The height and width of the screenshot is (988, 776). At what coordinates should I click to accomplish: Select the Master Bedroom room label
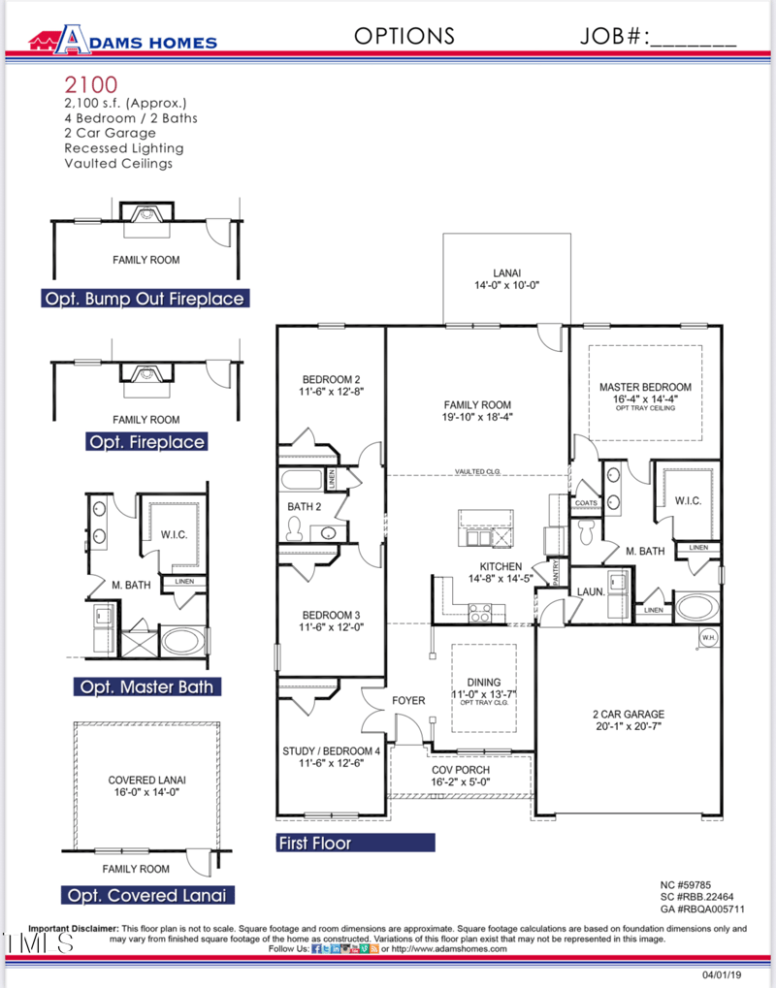645,387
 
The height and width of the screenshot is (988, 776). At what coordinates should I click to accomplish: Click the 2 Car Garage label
629,714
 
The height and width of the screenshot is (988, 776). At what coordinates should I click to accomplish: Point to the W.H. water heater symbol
708,637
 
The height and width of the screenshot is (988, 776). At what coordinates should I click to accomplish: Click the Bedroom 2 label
331,379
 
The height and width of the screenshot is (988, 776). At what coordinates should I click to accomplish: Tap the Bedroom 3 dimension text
331,627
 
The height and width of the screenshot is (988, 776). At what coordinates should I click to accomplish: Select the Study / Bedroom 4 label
331,750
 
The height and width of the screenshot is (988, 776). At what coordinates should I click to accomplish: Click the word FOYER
408,699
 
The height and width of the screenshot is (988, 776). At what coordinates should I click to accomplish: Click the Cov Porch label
461,770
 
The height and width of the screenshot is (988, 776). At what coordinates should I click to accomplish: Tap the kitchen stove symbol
480,612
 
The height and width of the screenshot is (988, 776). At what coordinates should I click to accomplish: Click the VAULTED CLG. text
477,472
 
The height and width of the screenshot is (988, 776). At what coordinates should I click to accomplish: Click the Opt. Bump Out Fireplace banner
144,299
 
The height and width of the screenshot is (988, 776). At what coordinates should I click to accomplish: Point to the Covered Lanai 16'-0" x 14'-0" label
145,785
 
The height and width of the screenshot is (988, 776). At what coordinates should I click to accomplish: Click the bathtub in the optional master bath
183,641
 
